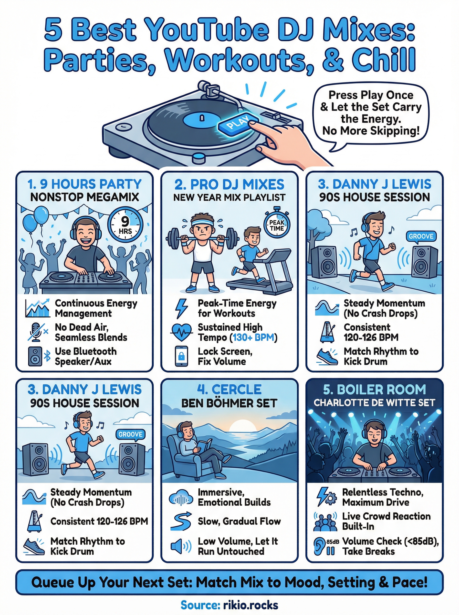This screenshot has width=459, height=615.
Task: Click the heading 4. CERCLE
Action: [229, 389]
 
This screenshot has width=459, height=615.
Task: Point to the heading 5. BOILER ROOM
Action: [374, 389]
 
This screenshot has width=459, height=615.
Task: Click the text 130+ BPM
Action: [253, 338]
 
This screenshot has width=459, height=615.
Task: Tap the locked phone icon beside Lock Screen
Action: [181, 356]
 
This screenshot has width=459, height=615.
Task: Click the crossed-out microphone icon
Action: [37, 332]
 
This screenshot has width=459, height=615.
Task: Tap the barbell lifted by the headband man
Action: [202, 238]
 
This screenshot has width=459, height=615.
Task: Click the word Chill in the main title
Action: [384, 59]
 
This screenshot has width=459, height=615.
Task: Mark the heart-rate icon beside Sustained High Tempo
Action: [181, 332]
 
